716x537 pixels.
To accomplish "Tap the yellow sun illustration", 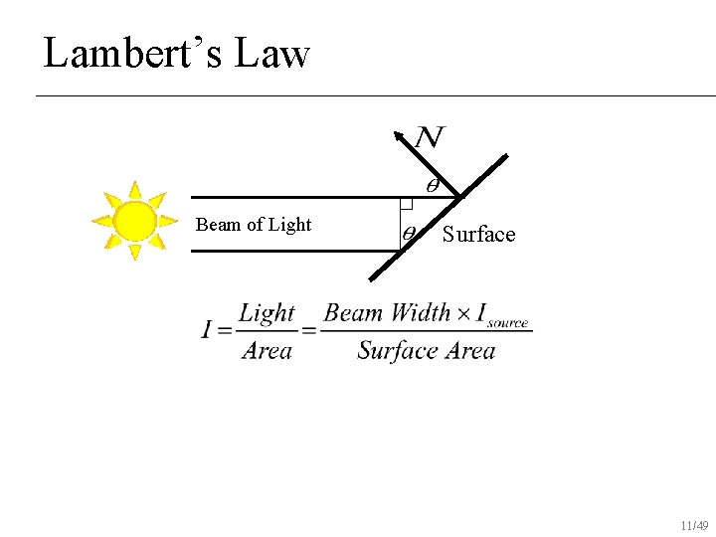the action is [x=133, y=221].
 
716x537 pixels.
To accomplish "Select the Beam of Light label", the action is [x=254, y=225].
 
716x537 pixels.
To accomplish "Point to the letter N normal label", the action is [x=430, y=137].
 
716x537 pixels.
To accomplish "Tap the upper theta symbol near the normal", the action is [x=433, y=185].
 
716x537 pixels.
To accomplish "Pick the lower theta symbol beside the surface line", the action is [x=409, y=235].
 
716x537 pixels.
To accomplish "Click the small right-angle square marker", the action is [x=406, y=203].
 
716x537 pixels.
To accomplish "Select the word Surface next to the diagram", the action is [x=479, y=235].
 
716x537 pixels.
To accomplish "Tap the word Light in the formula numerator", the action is [x=267, y=313].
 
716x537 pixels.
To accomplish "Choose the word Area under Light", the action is [x=267, y=350].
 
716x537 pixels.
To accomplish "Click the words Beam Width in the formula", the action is [x=387, y=313].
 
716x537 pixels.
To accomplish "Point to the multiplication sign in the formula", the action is [x=464, y=314].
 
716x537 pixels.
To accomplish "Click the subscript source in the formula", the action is [x=508, y=322].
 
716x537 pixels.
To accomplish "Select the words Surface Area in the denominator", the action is [x=426, y=350].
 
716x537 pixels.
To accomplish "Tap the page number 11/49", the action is [x=694, y=525].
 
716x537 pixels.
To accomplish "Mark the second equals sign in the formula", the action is [x=309, y=330].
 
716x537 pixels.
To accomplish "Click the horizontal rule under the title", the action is [x=376, y=95].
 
